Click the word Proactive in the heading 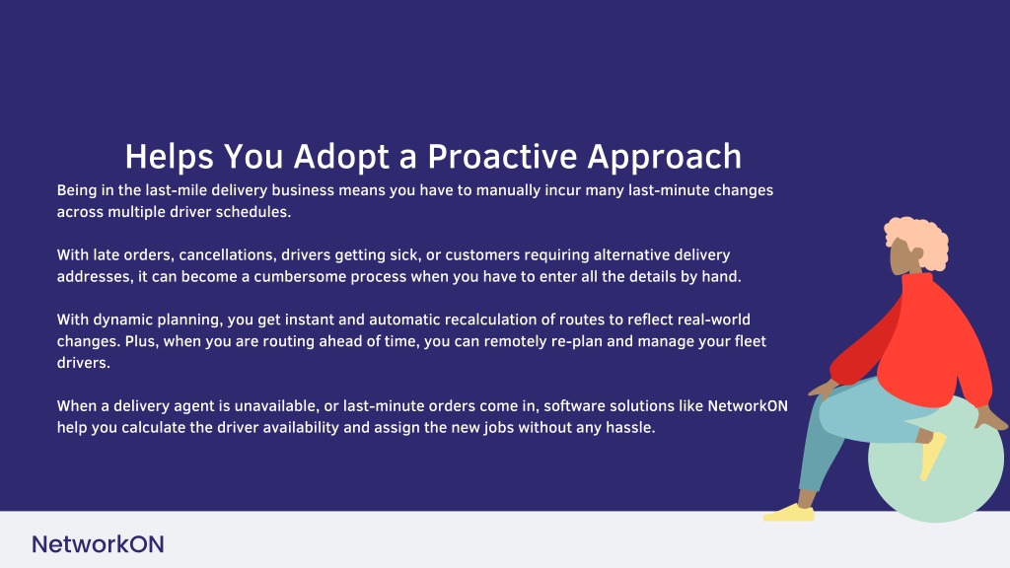502,157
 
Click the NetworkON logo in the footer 98,544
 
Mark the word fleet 751,341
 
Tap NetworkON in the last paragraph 748,406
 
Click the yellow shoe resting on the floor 789,513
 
